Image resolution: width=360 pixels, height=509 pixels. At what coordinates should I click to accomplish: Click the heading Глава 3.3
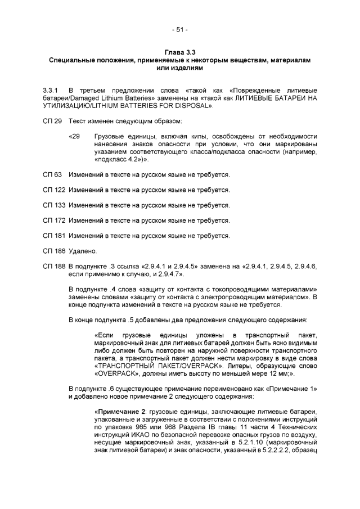pos(179,52)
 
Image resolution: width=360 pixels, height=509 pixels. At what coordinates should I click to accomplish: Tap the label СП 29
pos(52,121)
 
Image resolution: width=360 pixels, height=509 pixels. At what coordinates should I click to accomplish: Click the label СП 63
pos(52,176)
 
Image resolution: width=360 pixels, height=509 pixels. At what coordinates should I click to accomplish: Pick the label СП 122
pos(54,191)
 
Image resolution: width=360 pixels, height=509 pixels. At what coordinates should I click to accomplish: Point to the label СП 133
pos(54,205)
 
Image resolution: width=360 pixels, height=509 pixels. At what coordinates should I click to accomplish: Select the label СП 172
pos(54,220)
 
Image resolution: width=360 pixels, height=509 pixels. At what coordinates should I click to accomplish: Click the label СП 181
pos(54,235)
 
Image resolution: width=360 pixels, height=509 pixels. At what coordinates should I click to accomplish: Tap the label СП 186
pos(54,249)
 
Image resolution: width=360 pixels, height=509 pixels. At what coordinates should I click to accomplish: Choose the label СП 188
pos(54,264)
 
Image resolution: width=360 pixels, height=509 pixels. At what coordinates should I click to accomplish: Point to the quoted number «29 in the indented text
pos(74,136)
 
